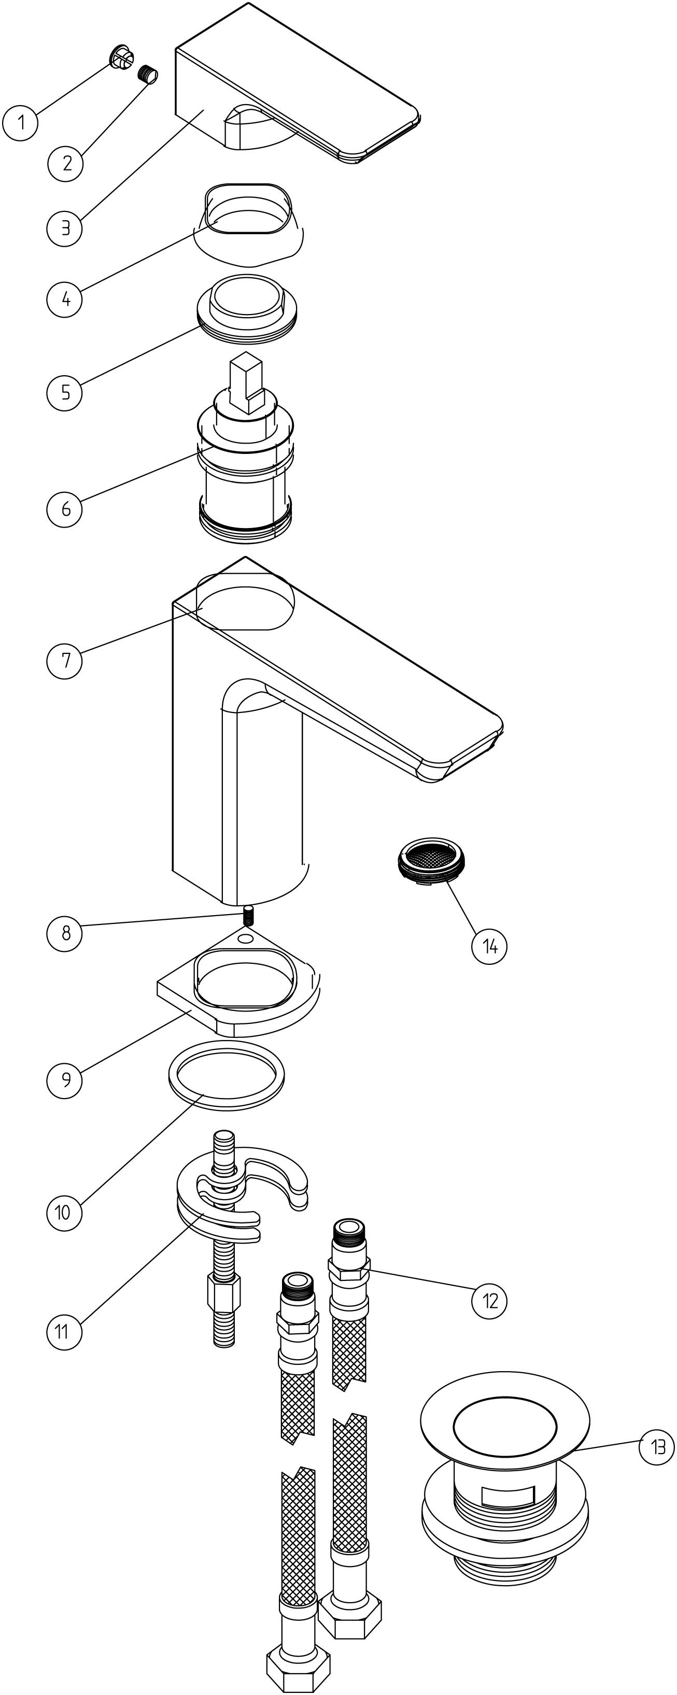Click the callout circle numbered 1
pyautogui.click(x=20, y=122)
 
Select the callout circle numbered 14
pyautogui.click(x=489, y=946)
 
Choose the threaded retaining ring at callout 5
pyautogui.click(x=246, y=308)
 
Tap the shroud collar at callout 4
pyautogui.click(x=249, y=224)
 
